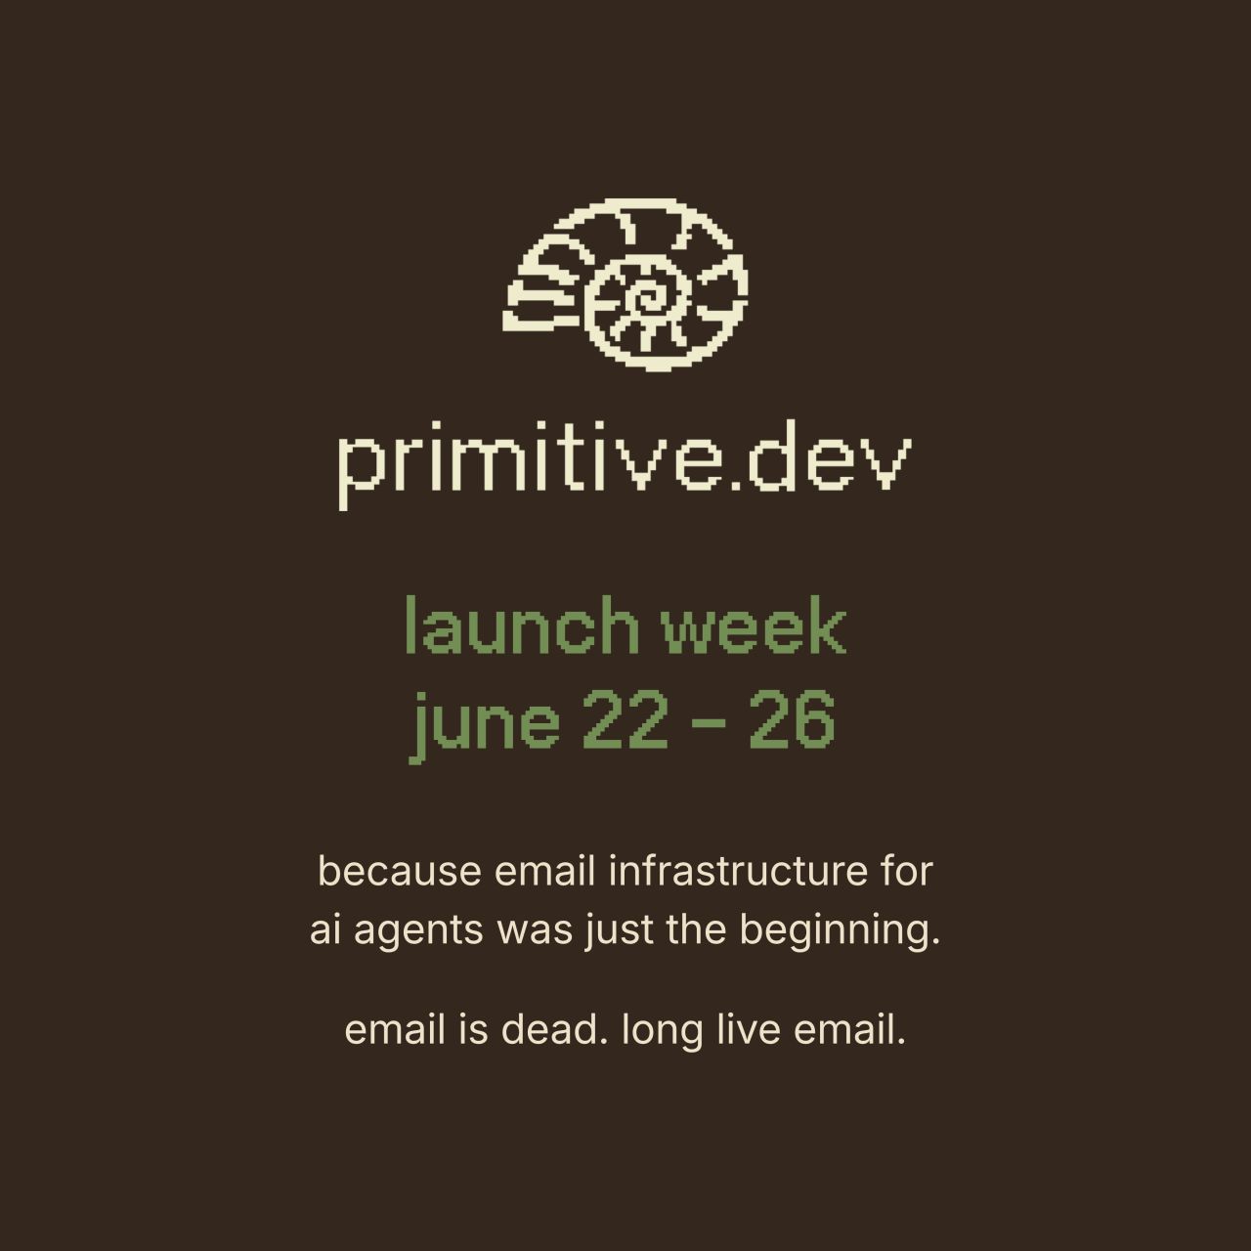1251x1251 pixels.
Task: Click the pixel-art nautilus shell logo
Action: pos(625,283)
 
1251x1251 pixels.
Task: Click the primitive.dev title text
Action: pos(625,463)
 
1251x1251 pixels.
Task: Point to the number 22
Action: pos(625,719)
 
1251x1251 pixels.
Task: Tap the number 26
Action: pos(791,719)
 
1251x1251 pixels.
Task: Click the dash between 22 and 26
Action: pos(708,722)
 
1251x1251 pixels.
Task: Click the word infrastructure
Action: pos(738,871)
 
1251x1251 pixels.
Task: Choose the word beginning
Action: pos(840,931)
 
